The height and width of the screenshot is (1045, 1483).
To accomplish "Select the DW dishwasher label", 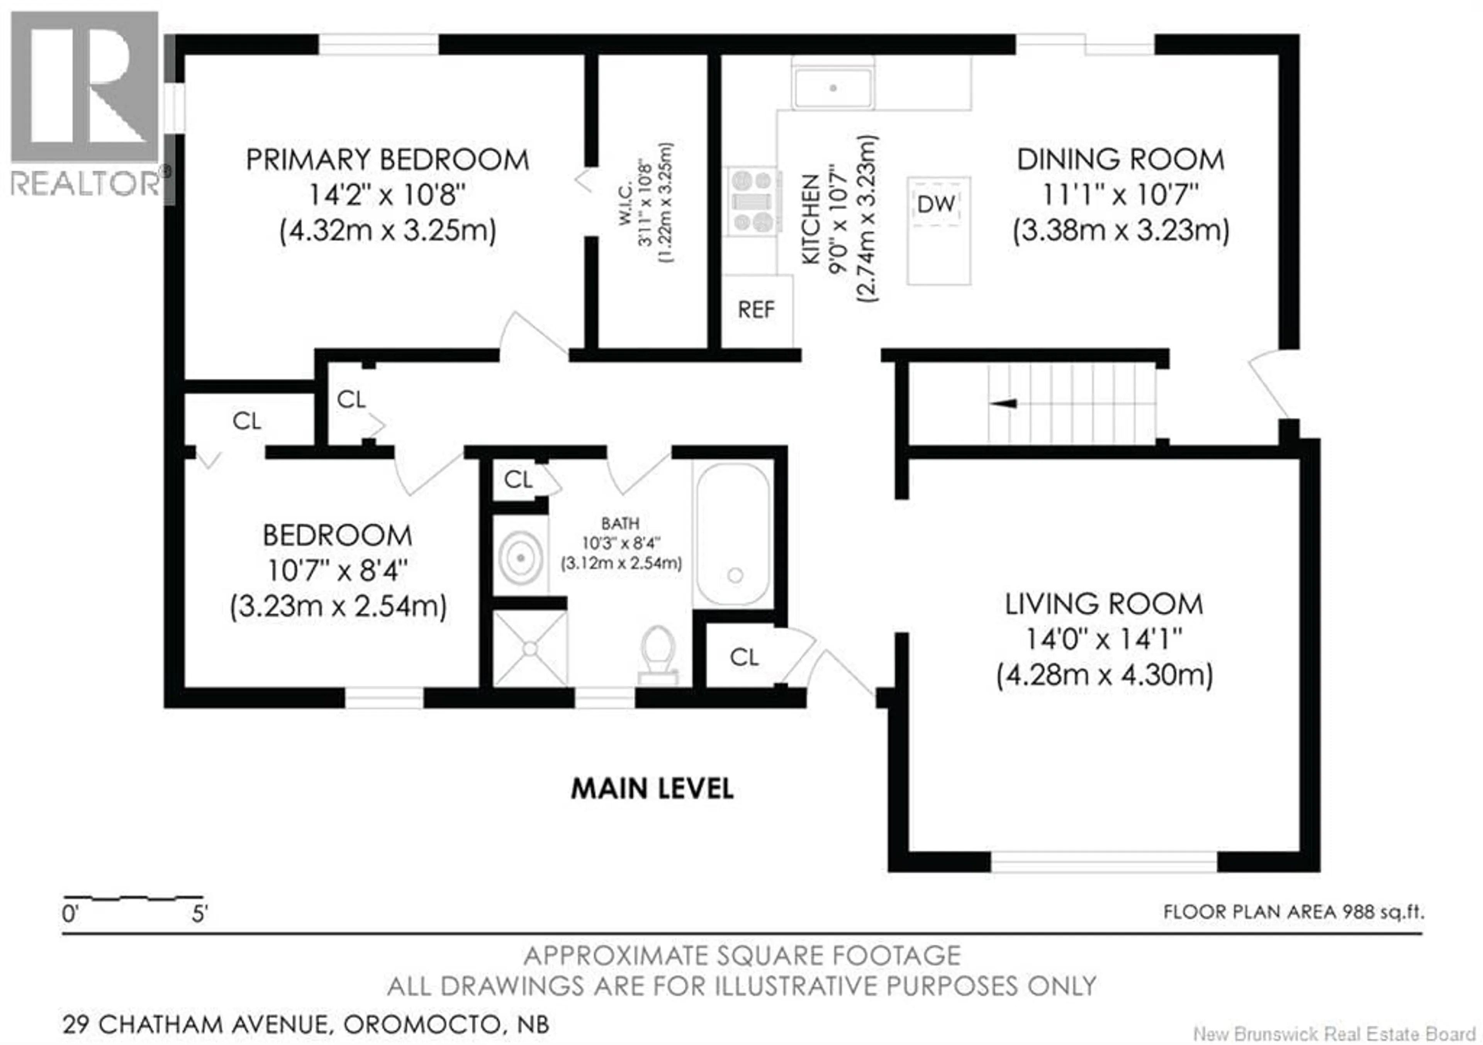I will pyautogui.click(x=936, y=205).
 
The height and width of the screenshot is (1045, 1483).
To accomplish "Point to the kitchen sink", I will pyautogui.click(x=833, y=88).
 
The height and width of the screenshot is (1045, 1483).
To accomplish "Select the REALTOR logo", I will pyautogui.click(x=85, y=103).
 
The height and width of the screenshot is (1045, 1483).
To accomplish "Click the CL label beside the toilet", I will pyautogui.click(x=744, y=658).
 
